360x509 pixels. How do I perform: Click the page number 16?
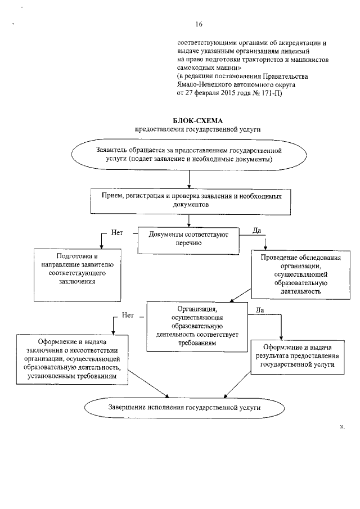(199, 24)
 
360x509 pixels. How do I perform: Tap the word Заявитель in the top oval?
(112, 151)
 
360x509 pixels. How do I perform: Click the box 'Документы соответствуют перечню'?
(188, 239)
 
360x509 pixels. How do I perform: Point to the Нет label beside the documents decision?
(117, 232)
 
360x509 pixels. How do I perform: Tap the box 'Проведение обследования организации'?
(293, 274)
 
